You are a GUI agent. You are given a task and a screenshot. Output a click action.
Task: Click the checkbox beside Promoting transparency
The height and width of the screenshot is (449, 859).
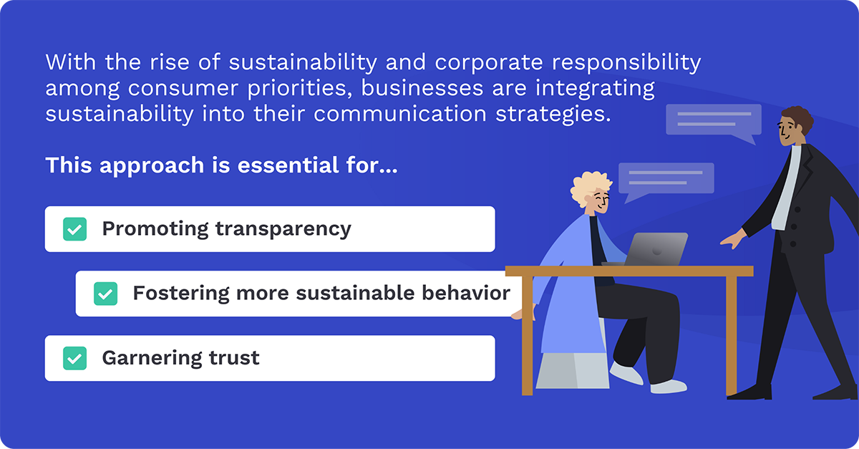coord(74,229)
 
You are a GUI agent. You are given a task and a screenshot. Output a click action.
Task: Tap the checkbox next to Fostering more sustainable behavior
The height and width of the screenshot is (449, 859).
coord(105,294)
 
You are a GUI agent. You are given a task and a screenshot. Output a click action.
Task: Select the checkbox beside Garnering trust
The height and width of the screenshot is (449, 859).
coord(74,358)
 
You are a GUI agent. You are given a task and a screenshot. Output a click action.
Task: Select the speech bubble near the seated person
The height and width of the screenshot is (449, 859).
coord(665,180)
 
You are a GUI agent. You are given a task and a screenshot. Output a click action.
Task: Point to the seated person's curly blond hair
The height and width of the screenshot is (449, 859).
coord(588,188)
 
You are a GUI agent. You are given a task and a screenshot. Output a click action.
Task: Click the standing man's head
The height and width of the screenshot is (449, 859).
coord(795,127)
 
